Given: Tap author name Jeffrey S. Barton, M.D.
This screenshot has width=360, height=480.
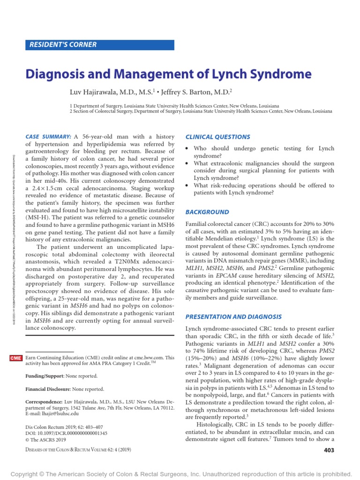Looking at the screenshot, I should tap(194, 92).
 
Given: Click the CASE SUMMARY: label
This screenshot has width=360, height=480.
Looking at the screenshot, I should tap(48, 136).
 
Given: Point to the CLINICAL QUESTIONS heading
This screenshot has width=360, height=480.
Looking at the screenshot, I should tap(218, 137).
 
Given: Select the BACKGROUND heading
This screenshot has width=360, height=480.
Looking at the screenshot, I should tap(208, 212).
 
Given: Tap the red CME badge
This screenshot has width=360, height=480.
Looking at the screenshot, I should tap(15, 358).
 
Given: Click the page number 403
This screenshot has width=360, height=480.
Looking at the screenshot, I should tap(329, 450).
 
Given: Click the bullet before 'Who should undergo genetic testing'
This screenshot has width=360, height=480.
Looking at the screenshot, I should tap(188, 149).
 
